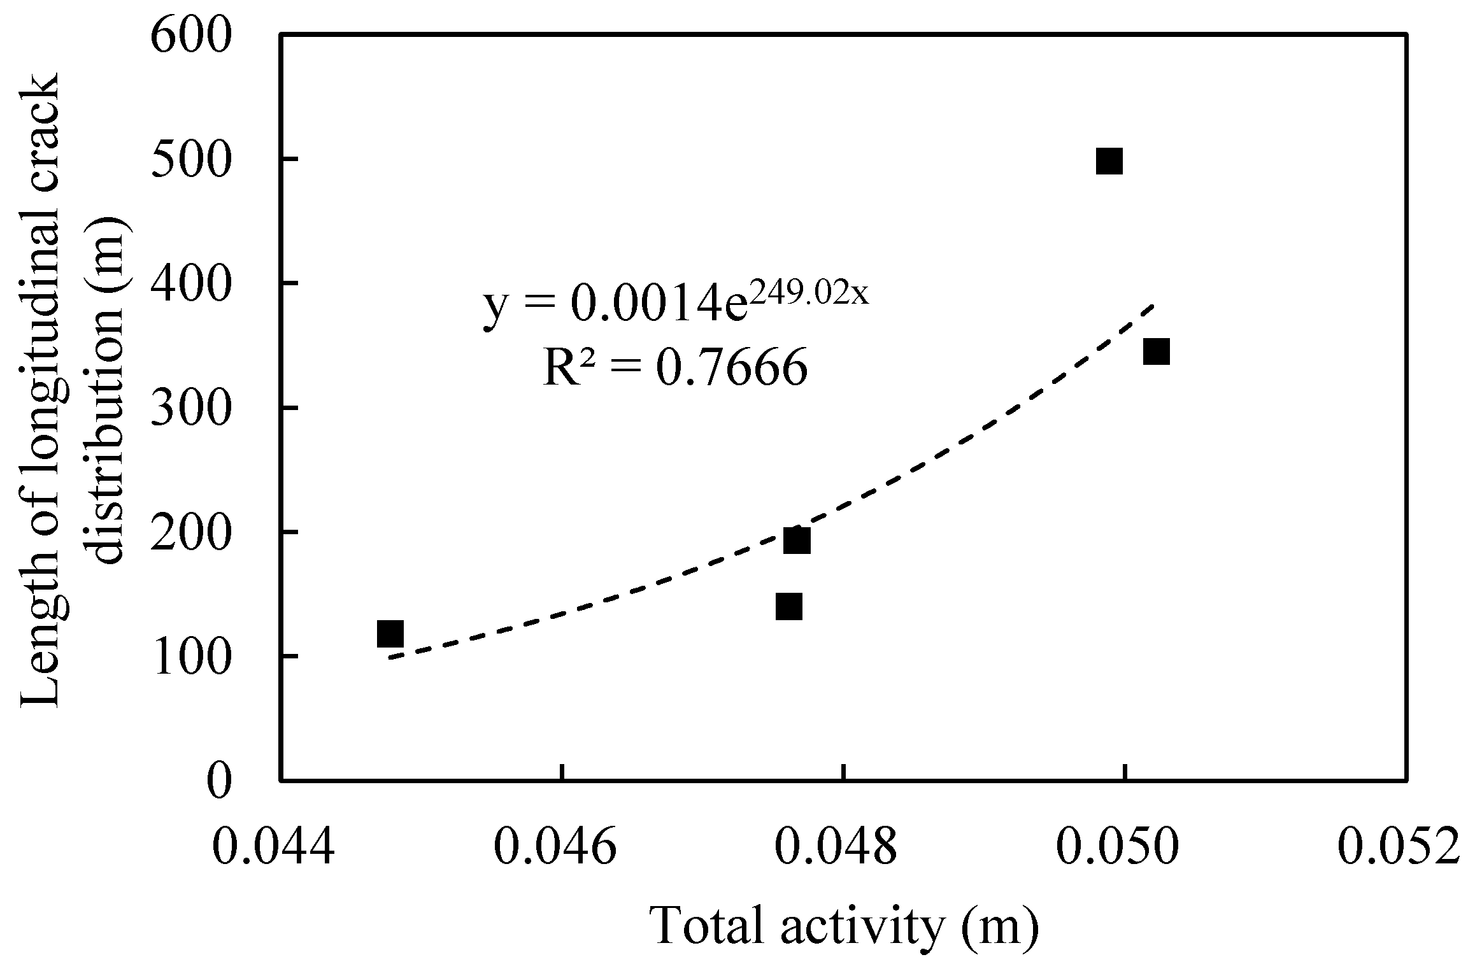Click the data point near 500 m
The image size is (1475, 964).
1109,161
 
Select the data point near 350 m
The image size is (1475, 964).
1156,351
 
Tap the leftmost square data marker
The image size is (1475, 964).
390,634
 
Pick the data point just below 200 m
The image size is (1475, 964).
797,541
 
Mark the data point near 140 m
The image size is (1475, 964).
789,607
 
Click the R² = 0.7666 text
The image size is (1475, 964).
675,368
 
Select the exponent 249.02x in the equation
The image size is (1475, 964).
808,294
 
